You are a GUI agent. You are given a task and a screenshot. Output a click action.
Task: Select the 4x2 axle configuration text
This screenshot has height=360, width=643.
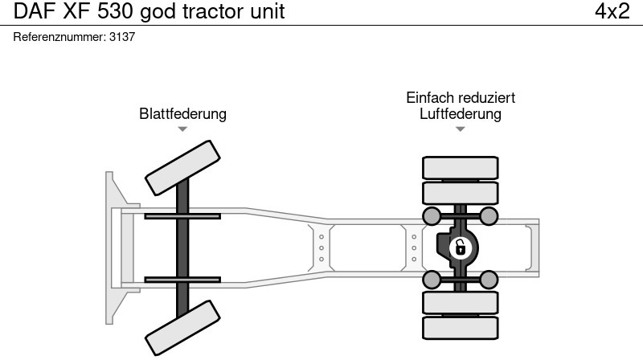click(x=611, y=12)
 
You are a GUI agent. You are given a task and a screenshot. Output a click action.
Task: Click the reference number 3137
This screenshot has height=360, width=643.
click(x=121, y=37)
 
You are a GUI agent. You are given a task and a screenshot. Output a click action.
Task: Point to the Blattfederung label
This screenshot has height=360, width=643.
click(x=182, y=114)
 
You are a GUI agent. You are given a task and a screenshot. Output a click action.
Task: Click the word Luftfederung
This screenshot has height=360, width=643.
click(x=460, y=114)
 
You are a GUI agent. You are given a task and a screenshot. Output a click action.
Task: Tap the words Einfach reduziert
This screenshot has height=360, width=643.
click(x=460, y=97)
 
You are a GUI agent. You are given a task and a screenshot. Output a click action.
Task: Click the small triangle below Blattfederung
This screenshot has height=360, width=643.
click(x=182, y=129)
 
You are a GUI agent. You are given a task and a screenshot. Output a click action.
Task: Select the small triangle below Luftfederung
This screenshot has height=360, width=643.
click(x=460, y=129)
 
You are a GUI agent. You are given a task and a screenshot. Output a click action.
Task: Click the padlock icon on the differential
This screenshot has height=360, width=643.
click(x=460, y=247)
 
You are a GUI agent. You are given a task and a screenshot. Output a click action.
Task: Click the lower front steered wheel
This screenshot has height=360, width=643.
click(x=183, y=327)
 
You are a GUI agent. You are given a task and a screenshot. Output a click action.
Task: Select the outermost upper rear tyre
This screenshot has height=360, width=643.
click(x=460, y=167)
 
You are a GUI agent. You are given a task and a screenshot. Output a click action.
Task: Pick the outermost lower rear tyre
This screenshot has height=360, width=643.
click(x=460, y=328)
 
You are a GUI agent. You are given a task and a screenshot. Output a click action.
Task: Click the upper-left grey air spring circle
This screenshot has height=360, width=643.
click(x=432, y=215)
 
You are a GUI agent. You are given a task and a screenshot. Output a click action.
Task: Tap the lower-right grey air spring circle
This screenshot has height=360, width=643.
click(x=488, y=279)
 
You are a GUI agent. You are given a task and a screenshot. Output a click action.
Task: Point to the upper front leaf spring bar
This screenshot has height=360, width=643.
click(x=182, y=215)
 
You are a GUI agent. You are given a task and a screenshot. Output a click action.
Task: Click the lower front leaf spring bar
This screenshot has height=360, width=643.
click(x=182, y=279)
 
